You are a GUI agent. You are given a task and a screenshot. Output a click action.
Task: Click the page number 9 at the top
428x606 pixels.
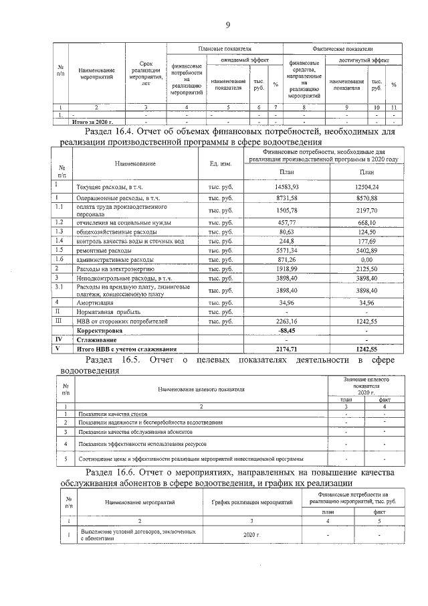227,25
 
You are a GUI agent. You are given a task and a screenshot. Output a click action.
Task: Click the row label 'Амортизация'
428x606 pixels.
94,303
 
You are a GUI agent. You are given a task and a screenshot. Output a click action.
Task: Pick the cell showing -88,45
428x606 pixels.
286,330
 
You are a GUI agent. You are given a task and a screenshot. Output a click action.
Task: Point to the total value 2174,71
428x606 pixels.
286,348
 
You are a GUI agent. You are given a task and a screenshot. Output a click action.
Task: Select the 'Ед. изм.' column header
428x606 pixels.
221,164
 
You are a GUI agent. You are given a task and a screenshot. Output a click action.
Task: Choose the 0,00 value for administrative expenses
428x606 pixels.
367,258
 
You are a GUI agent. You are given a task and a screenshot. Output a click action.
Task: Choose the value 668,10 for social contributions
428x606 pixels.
367,222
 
